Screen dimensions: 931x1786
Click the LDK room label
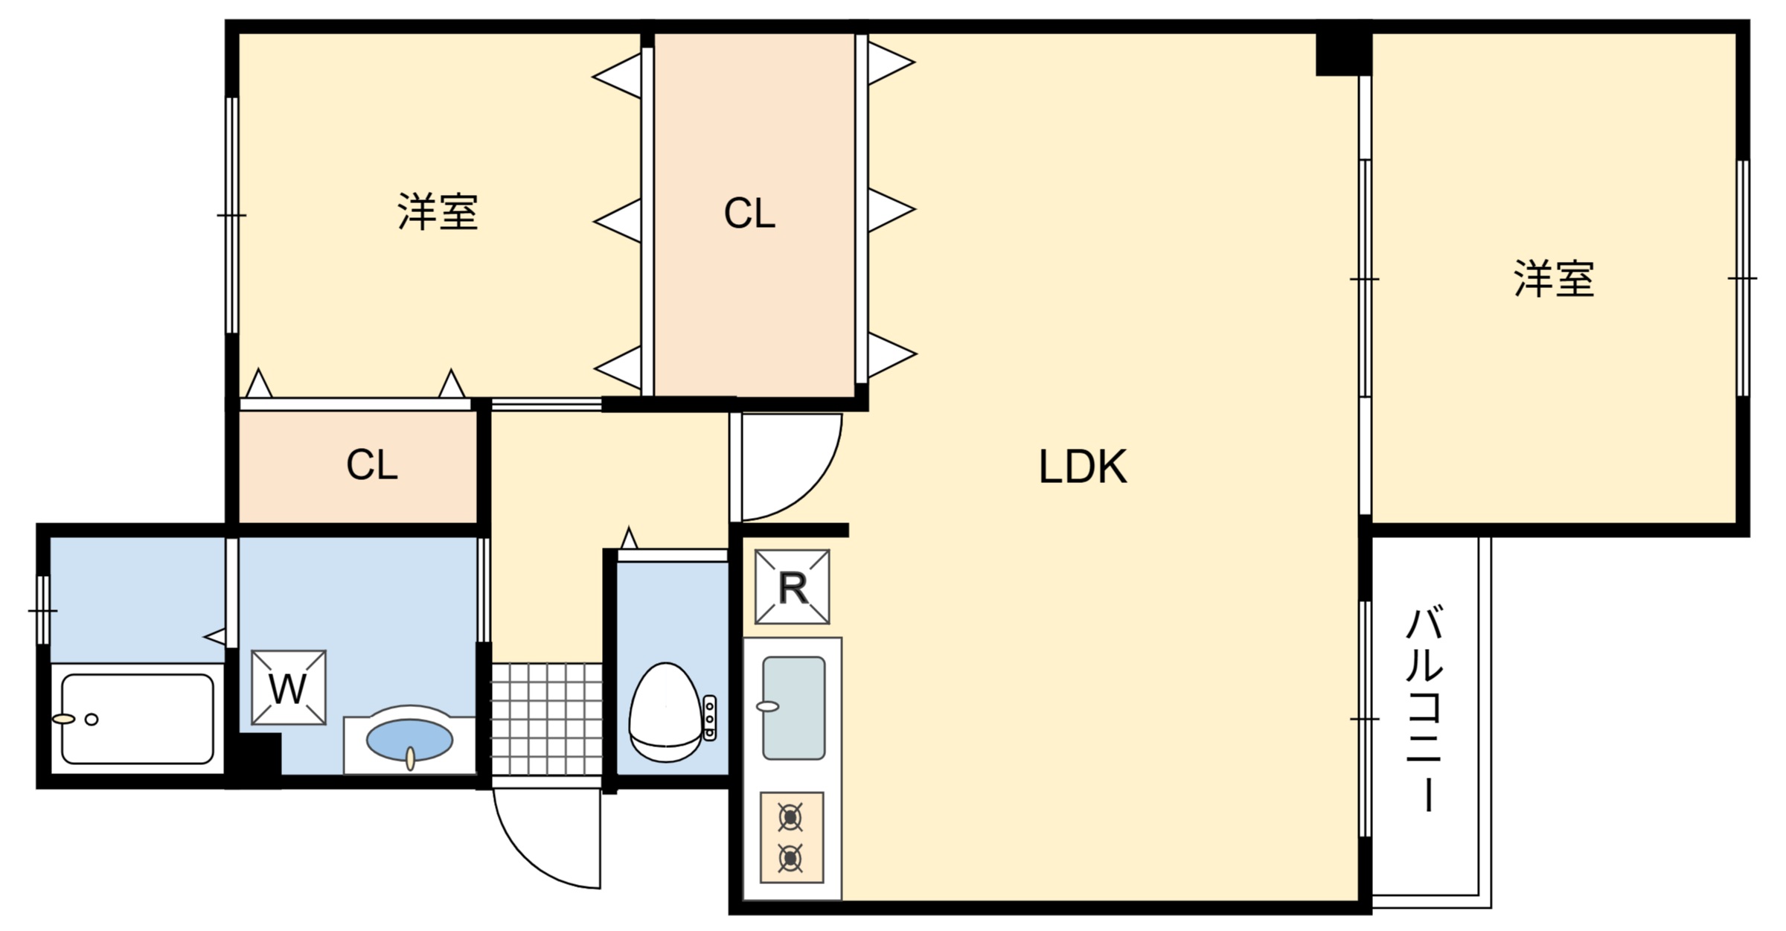pos(1082,467)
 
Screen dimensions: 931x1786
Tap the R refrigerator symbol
pos(792,587)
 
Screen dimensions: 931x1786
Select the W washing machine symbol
pos(288,688)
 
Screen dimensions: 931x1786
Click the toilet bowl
pos(665,712)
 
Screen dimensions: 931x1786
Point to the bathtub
pos(138,719)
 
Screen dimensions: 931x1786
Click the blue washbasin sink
pos(409,740)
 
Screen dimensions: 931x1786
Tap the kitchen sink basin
pos(794,708)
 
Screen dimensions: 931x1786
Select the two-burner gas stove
pos(791,837)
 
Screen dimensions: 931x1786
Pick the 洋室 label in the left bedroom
pos(437,212)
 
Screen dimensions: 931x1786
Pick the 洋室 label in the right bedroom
pos(1554,279)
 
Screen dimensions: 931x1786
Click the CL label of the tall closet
pos(749,214)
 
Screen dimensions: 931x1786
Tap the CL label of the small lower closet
pos(371,466)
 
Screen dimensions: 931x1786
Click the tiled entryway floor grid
pos(547,718)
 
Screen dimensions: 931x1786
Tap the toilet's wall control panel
pos(709,717)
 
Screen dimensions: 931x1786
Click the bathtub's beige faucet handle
pos(64,719)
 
